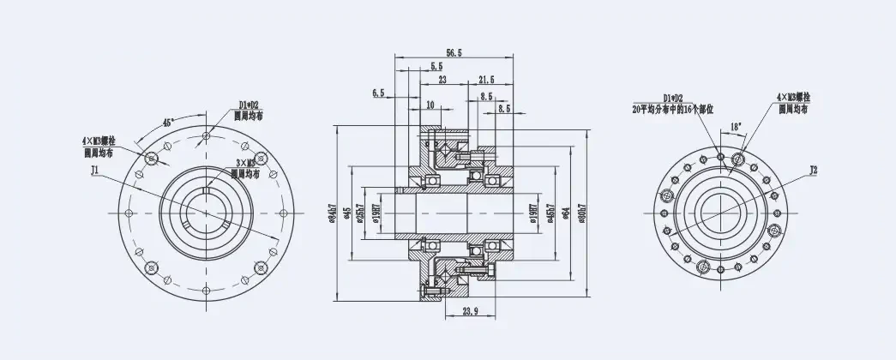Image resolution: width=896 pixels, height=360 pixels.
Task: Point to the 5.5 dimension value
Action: click(436, 66)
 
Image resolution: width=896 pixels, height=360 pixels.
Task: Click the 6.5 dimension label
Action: click(379, 92)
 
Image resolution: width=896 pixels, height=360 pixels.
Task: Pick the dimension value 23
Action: click(442, 79)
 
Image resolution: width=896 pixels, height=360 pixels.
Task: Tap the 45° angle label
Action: click(169, 123)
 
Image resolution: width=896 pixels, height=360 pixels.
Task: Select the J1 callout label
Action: click(95, 171)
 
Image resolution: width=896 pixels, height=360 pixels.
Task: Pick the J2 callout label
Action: click(813, 171)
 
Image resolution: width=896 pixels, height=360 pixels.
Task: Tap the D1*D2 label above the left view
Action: click(250, 105)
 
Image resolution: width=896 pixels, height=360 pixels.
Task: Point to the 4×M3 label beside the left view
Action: click(99, 139)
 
